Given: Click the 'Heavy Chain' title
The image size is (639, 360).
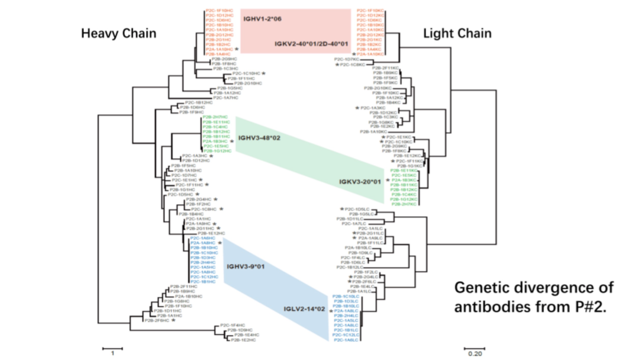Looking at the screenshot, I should click(118, 33).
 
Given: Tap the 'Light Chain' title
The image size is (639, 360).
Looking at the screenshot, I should click(457, 33).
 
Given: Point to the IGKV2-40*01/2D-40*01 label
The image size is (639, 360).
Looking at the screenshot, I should click(311, 44).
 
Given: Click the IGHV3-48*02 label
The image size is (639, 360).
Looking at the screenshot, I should click(259, 138).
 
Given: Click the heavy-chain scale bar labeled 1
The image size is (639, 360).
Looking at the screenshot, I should click(112, 349).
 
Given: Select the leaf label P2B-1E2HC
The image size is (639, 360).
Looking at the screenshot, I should click(243, 340).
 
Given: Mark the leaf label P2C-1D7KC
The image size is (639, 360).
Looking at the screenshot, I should click(346, 59).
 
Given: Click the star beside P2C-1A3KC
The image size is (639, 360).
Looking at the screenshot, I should click(357, 108).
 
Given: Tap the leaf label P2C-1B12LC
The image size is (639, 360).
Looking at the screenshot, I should click(349, 267).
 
